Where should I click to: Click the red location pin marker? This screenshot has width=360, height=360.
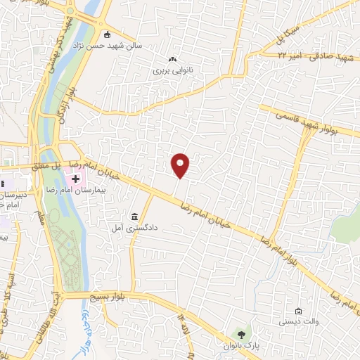(181, 165)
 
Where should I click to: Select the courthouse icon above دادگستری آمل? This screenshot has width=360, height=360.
(134, 215)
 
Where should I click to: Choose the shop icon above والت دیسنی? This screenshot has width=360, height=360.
(299, 311)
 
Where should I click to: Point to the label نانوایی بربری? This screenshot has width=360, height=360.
(172, 71)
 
